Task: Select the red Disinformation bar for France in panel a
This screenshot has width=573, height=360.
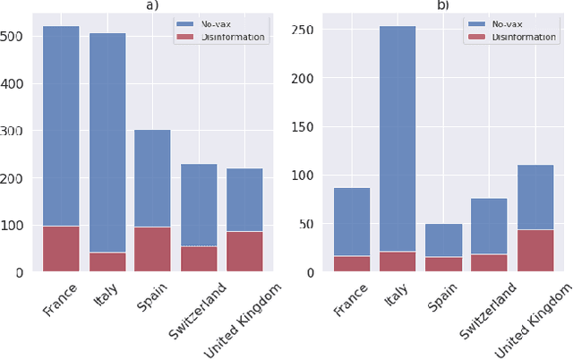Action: [x=60, y=249]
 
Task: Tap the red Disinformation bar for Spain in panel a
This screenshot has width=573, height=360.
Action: [x=152, y=249]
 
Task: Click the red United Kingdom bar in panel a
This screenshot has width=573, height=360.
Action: [x=244, y=252]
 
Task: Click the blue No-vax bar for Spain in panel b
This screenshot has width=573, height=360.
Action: [x=443, y=240]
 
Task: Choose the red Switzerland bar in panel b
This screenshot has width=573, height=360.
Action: [x=489, y=262]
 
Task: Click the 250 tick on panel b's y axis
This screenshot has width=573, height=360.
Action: [x=304, y=30]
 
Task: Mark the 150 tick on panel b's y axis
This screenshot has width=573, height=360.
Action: [x=304, y=126]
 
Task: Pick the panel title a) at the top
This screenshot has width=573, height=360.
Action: [x=152, y=4]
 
